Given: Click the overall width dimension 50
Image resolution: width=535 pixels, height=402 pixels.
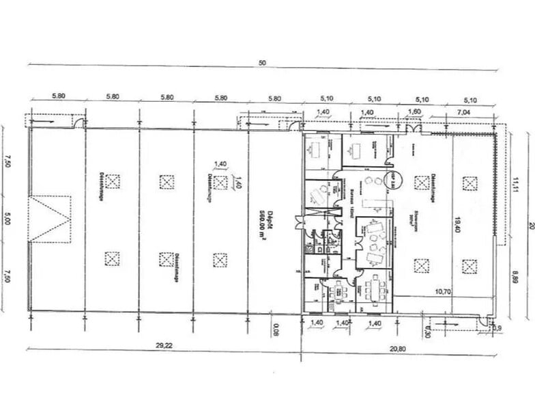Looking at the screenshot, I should pyautogui.click(x=261, y=63).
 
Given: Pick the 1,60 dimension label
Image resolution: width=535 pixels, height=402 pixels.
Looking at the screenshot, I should pyautogui.click(x=414, y=111).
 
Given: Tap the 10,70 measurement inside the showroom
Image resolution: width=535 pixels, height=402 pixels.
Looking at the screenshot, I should pyautogui.click(x=444, y=291).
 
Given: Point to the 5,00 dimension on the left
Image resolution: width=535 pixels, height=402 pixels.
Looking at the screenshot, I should pyautogui.click(x=8, y=220).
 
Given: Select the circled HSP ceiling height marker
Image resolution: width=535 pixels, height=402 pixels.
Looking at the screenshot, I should pyautogui.click(x=394, y=180).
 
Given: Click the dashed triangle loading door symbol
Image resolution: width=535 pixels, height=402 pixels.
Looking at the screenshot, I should pyautogui.click(x=48, y=217).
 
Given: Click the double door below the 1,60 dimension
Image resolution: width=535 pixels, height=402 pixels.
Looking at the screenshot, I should pyautogui.click(x=413, y=129).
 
